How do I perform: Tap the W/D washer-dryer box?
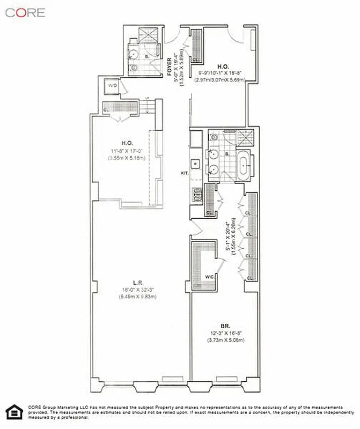click(113, 86)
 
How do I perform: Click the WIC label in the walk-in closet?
click(210, 277)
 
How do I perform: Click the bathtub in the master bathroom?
click(244, 167)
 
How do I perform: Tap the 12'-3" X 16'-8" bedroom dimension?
click(226, 333)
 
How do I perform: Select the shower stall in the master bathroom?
click(245, 138)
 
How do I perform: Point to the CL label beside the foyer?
click(195, 60)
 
